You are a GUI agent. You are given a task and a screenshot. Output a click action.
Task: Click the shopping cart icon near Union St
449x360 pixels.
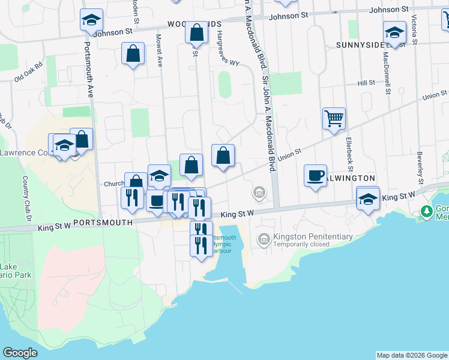pyautogui.click(x=334, y=118)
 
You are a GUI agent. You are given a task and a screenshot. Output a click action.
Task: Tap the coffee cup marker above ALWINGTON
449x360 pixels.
pyautogui.click(x=315, y=176)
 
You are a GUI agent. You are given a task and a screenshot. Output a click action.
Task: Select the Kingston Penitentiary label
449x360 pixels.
pyautogui.click(x=313, y=237)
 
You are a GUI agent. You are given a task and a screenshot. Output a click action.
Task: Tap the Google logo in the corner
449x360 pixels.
pyautogui.click(x=20, y=353)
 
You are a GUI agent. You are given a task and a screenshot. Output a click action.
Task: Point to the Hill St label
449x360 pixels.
pyautogui.click(x=366, y=83)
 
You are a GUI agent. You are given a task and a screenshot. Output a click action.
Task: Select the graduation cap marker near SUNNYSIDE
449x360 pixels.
pyautogui.click(x=394, y=32)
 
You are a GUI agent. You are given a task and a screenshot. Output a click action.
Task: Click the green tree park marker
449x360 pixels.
pyautogui.click(x=427, y=211)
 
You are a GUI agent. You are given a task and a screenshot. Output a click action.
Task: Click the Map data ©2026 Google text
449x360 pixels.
pyautogui.click(x=412, y=355)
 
